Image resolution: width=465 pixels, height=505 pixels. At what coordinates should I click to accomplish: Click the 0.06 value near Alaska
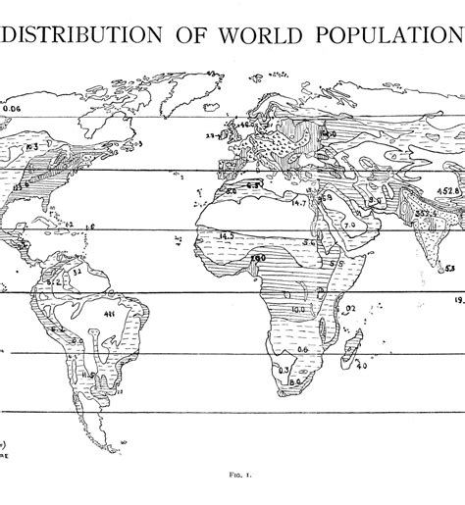click(14, 109)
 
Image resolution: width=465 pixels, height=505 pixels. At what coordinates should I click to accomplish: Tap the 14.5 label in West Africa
click(227, 235)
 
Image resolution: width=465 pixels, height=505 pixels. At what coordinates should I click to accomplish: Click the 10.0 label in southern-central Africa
click(297, 310)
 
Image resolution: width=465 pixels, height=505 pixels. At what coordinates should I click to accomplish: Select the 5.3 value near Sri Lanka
click(449, 268)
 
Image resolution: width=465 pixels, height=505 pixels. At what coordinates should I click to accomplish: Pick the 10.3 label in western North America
click(31, 146)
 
